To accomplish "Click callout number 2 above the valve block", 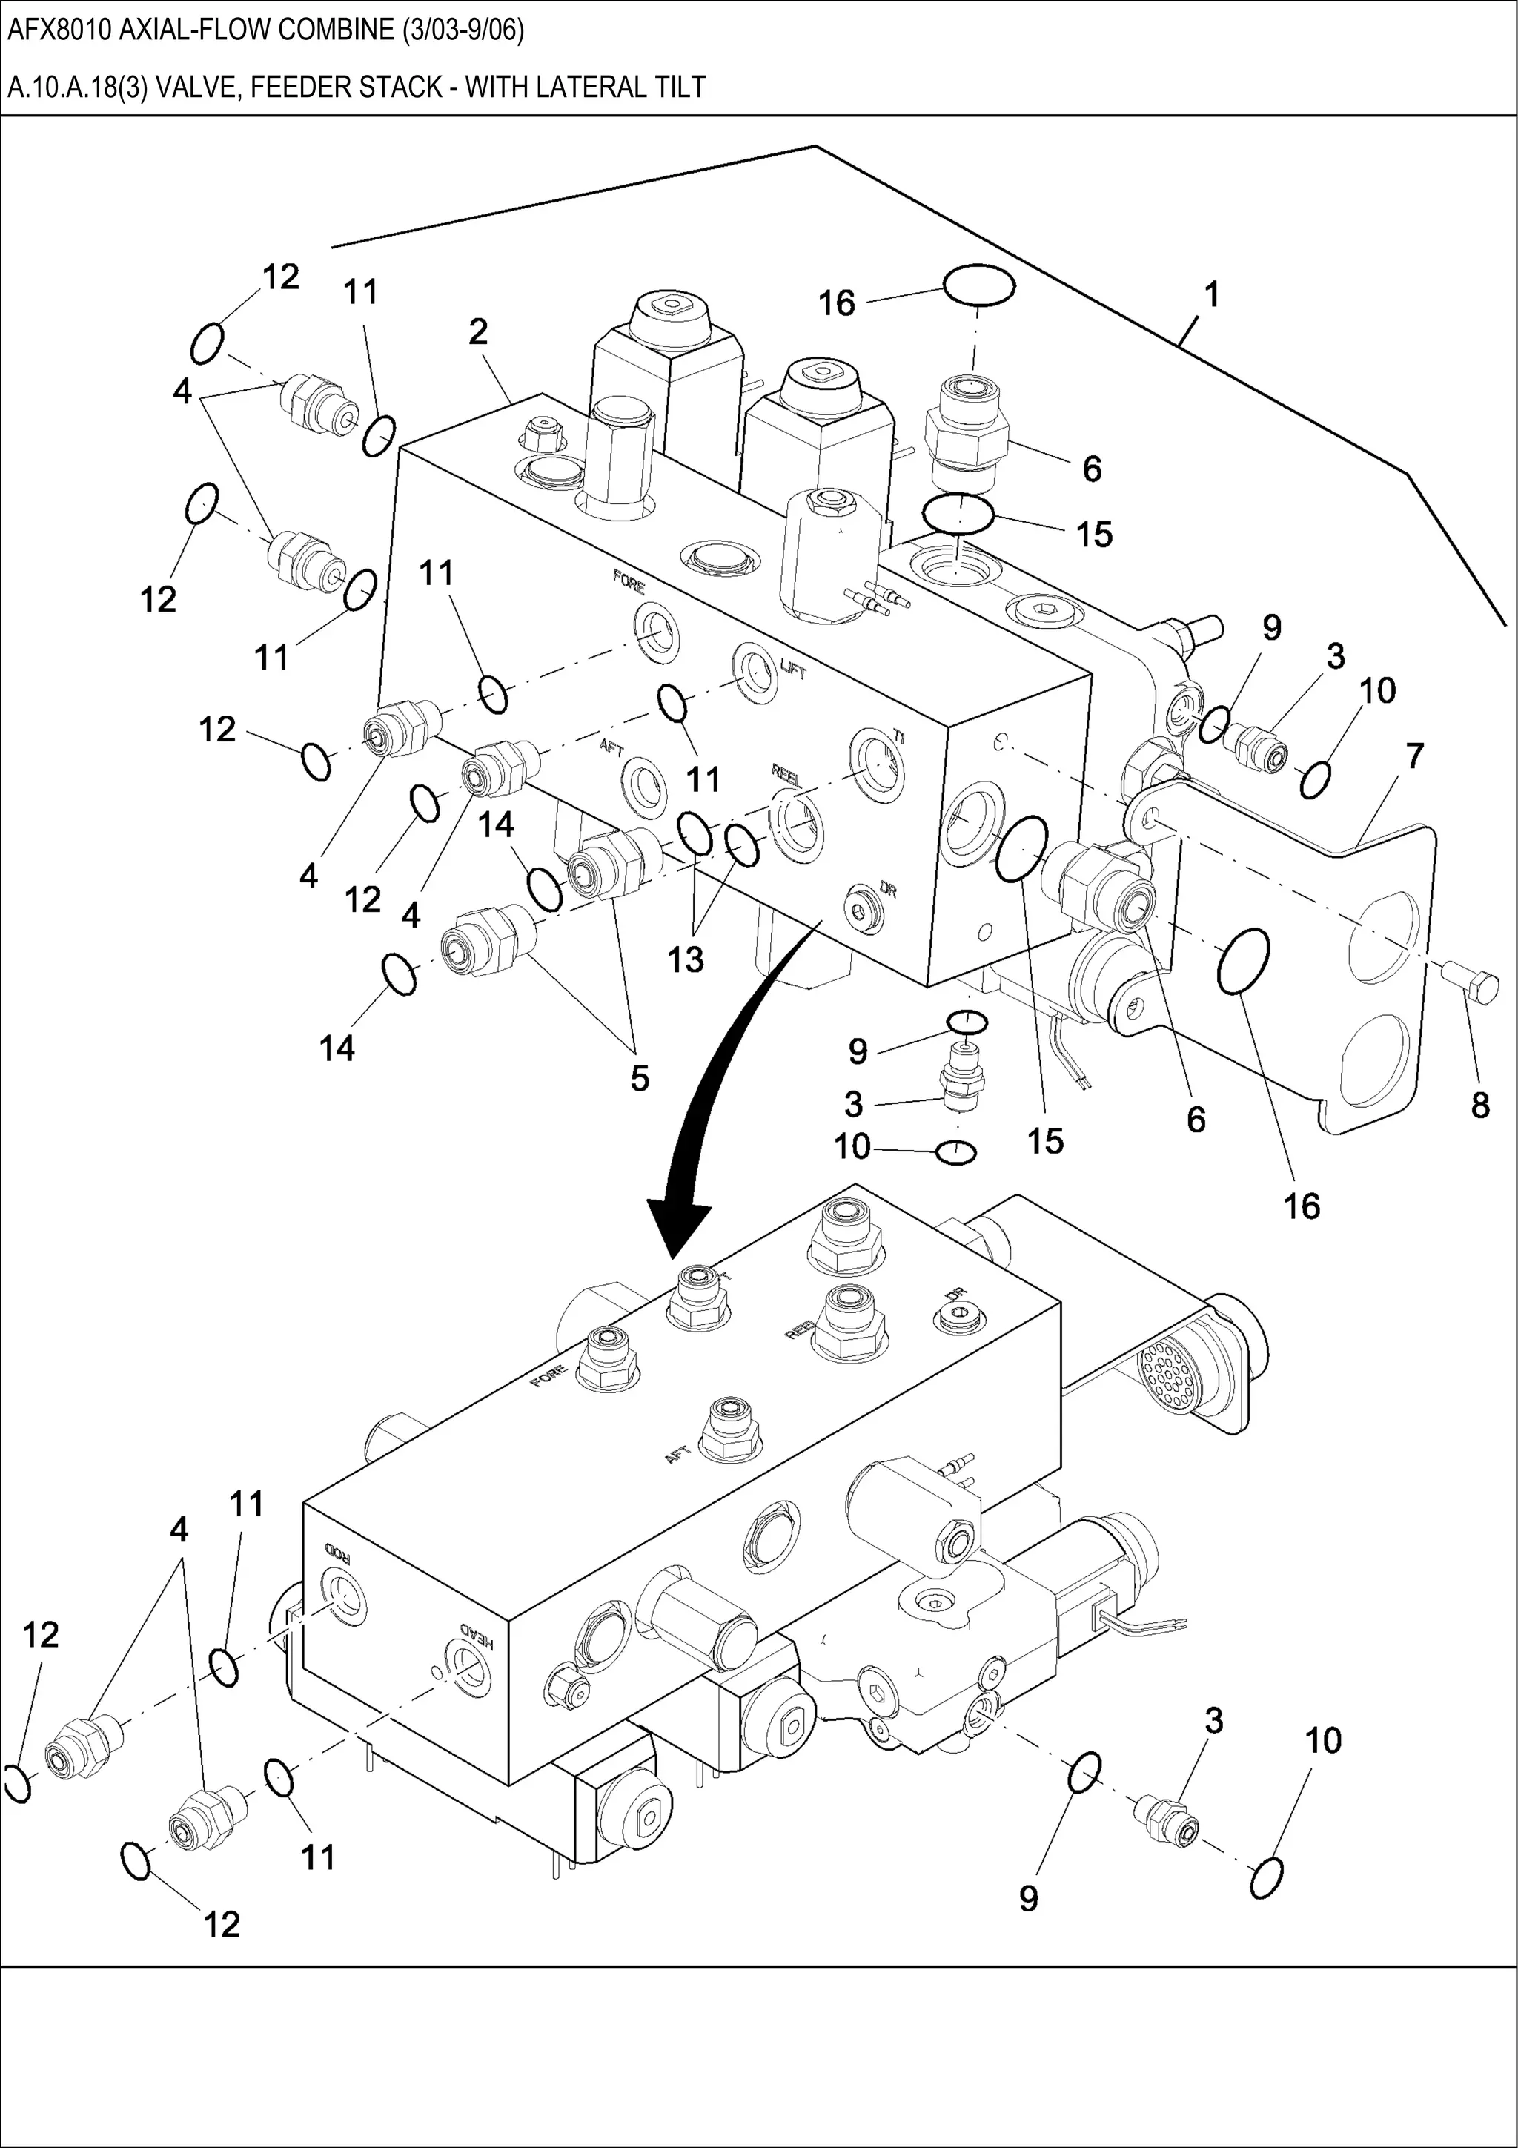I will click(478, 331).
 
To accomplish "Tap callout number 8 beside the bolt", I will click(1479, 1105).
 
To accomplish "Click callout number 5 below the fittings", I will click(639, 1079).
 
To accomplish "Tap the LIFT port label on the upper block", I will click(793, 668).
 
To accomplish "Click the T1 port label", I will click(899, 736).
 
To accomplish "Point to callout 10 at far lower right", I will click(1322, 1740).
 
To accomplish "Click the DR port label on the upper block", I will click(888, 890).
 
